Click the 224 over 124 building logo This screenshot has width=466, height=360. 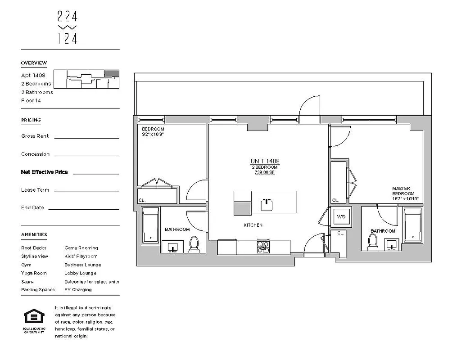pyautogui.click(x=68, y=27)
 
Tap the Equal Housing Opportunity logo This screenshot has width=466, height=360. pyautogui.click(x=34, y=319)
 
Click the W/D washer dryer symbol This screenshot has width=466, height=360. pyautogui.click(x=341, y=217)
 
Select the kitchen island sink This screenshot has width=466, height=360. pyautogui.click(x=267, y=204)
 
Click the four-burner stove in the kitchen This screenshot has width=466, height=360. pyautogui.click(x=263, y=247)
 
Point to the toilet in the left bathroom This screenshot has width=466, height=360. pyautogui.click(x=194, y=245)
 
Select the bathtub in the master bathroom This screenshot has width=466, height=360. pyautogui.click(x=412, y=224)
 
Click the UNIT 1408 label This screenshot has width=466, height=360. pyautogui.click(x=265, y=161)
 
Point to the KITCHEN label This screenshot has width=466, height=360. pyautogui.click(x=253, y=225)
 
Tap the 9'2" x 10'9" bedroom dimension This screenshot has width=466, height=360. pyautogui.click(x=152, y=134)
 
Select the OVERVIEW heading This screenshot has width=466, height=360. pyautogui.click(x=34, y=63)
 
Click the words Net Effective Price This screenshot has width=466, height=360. pyautogui.click(x=45, y=172)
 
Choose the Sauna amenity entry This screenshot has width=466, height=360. pyautogui.click(x=27, y=282)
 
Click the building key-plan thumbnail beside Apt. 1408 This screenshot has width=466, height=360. pyautogui.click(x=93, y=80)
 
